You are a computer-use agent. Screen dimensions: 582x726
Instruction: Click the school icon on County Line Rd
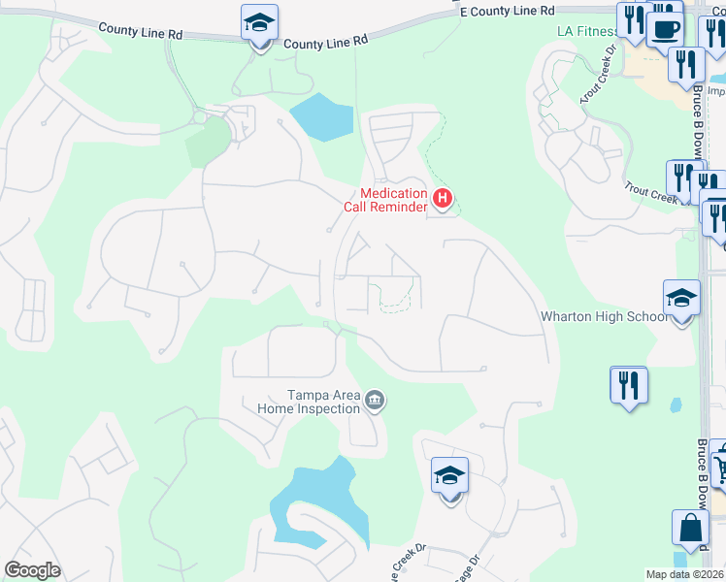(x=258, y=22)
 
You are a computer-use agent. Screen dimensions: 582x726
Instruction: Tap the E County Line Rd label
(x=507, y=11)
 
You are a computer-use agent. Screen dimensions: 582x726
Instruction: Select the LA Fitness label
(x=587, y=31)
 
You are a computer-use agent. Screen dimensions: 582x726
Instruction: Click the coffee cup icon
(x=665, y=30)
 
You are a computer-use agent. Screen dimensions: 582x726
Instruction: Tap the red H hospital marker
(x=443, y=199)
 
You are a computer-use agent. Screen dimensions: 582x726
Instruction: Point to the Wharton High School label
(x=604, y=316)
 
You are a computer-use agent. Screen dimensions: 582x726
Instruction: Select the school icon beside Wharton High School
(x=681, y=300)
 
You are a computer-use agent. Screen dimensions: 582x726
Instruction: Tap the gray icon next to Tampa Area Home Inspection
(x=375, y=399)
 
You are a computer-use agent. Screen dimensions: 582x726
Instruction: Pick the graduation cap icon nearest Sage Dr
(x=449, y=476)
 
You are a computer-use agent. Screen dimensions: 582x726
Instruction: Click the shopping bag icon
(x=689, y=529)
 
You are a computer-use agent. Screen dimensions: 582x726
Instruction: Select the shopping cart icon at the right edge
(x=719, y=469)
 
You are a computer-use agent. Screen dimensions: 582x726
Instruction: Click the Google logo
(x=32, y=570)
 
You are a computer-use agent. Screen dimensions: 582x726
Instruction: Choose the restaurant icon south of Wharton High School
(x=628, y=386)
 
